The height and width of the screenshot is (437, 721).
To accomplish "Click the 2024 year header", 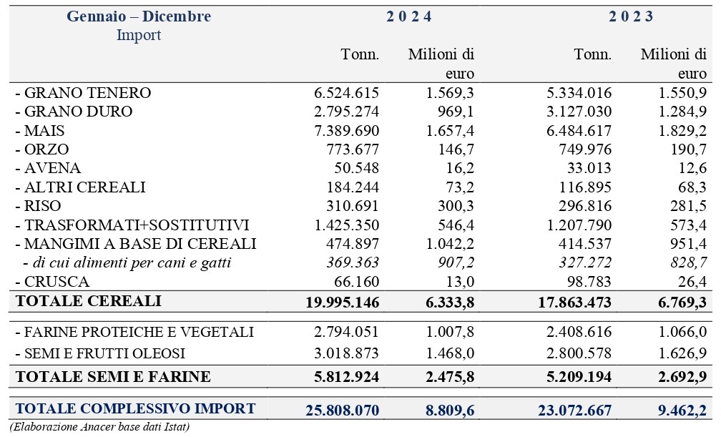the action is (x=409, y=16).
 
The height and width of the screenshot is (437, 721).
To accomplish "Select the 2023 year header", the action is (x=631, y=16).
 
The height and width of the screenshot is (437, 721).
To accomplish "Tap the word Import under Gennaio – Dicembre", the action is (x=139, y=36).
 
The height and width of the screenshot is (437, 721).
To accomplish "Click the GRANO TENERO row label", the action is (x=83, y=93).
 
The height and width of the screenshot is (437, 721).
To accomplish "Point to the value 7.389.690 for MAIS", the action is (x=347, y=131).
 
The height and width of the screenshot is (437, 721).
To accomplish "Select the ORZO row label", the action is (x=42, y=149).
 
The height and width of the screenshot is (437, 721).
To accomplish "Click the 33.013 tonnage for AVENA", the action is (x=589, y=168).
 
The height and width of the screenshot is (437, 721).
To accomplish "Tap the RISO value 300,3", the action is (x=456, y=206).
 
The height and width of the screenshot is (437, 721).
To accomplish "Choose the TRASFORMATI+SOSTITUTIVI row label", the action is (x=132, y=225).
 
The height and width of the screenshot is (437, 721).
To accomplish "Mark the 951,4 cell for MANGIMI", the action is (x=688, y=244).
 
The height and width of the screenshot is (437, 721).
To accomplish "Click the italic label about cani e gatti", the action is (x=127, y=262).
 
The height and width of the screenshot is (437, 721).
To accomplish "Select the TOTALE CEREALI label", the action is (x=89, y=301).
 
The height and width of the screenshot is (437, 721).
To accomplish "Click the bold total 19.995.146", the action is (x=343, y=303).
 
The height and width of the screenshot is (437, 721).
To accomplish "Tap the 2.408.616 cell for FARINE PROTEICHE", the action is (x=579, y=332).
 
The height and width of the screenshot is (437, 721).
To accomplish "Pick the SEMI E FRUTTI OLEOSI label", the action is (x=100, y=353).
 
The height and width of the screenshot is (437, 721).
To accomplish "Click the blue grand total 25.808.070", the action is (x=343, y=410).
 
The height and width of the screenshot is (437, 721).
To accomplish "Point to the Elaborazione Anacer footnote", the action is (x=99, y=427).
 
